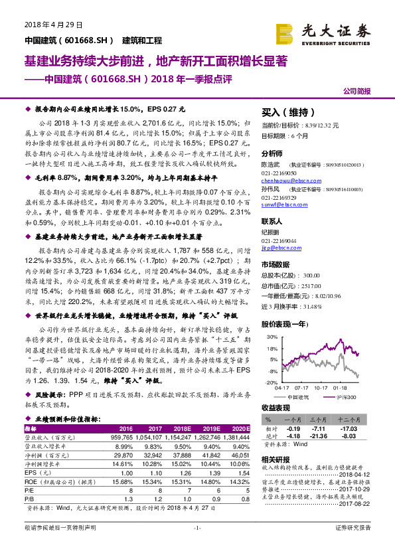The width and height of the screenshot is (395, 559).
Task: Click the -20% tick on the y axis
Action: point(269,383)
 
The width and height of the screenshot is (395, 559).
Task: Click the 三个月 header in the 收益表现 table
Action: point(320,420)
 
